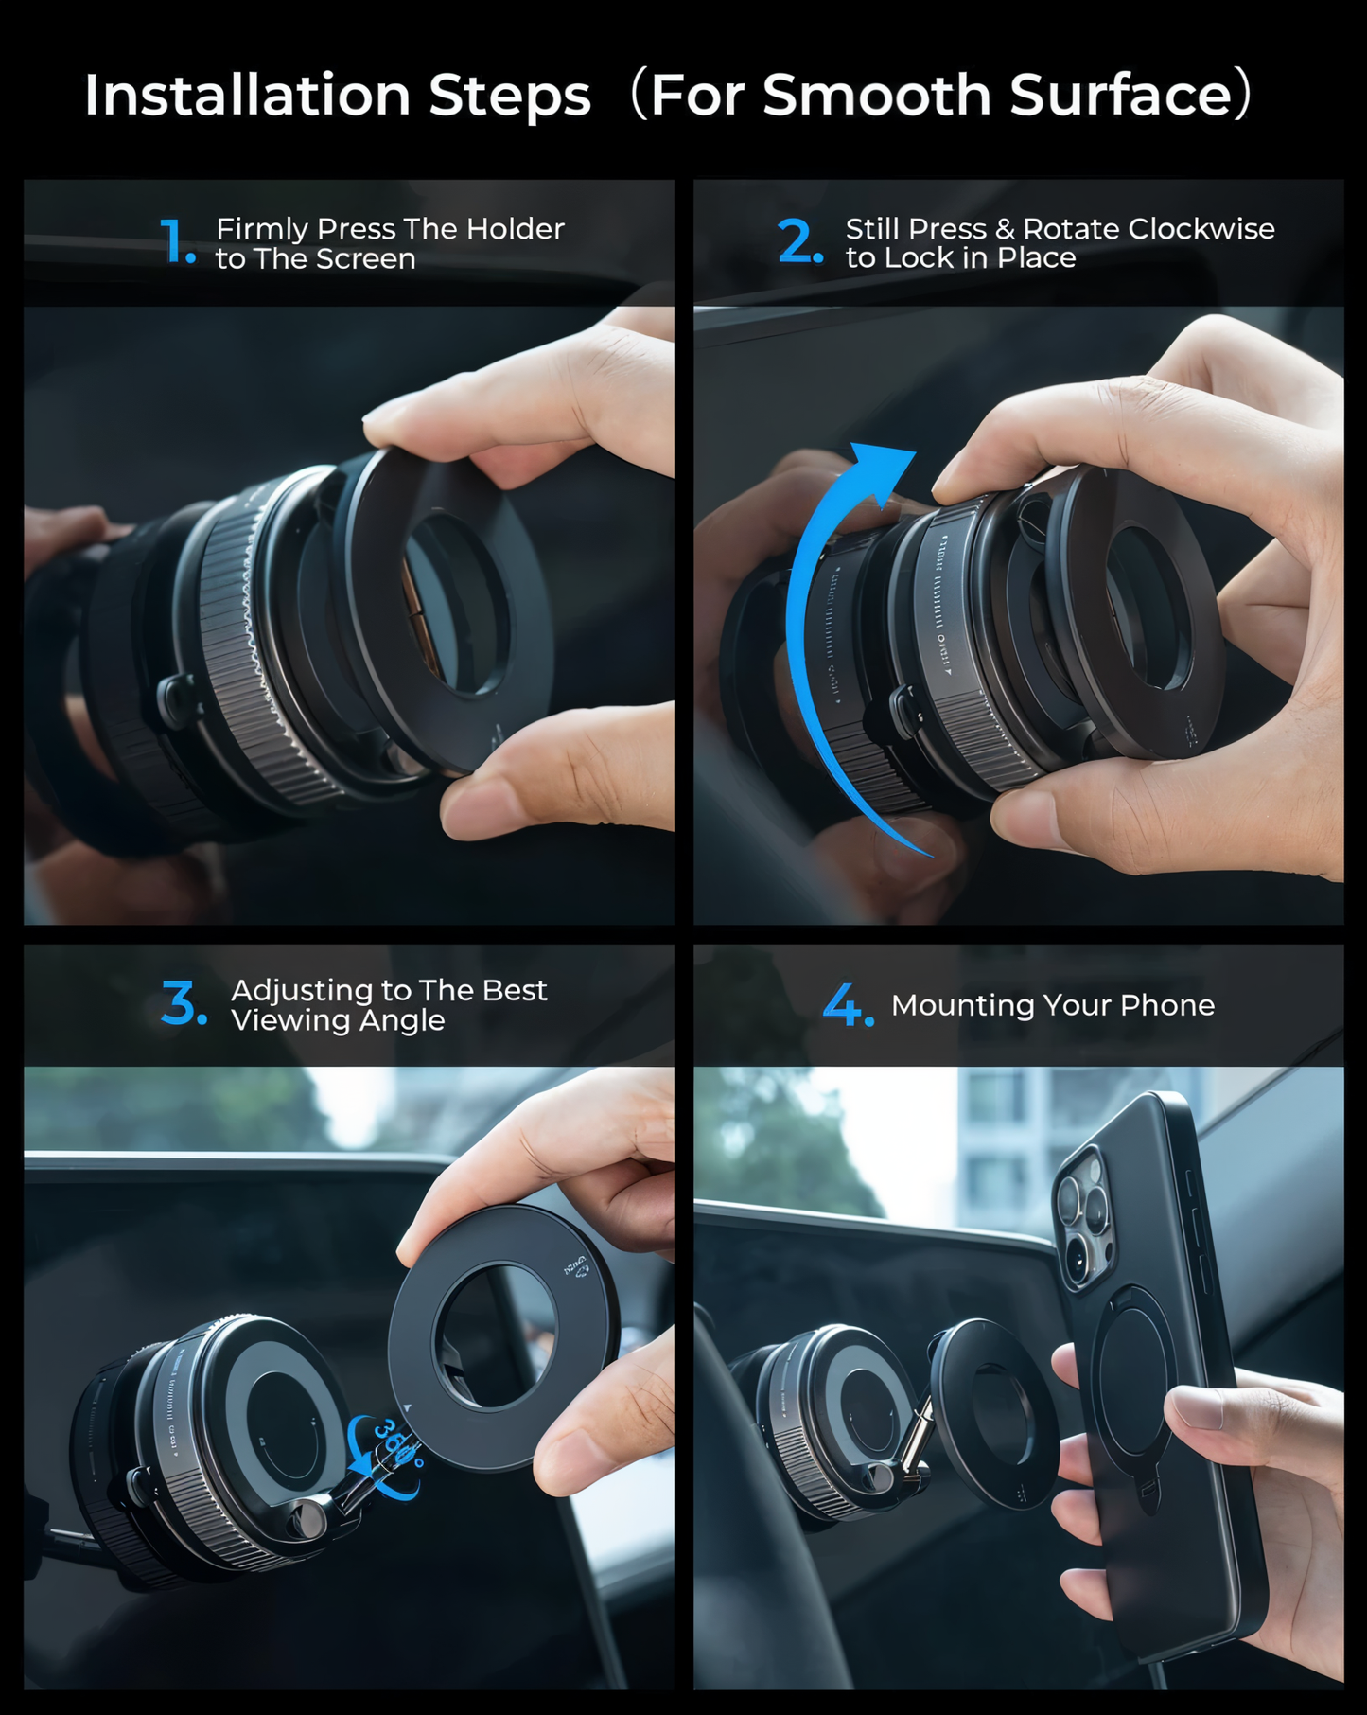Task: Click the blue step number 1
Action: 176,241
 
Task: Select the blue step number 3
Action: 182,1003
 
